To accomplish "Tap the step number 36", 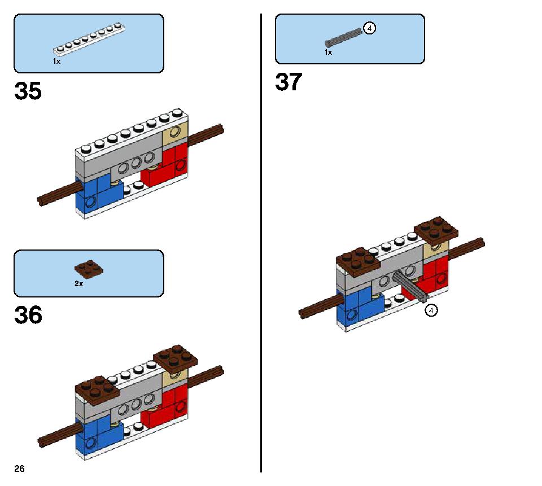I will (x=28, y=315).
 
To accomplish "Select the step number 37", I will (x=289, y=82).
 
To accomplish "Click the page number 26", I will (x=20, y=469).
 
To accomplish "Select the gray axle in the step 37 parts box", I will (x=343, y=37).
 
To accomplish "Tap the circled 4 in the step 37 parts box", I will (x=370, y=28).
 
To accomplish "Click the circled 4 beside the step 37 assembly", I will (x=431, y=310).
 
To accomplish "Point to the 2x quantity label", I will (x=78, y=284).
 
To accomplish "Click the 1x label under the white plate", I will (x=56, y=61).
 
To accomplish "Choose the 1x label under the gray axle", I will (x=328, y=52).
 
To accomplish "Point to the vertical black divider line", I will (x=261, y=243).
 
